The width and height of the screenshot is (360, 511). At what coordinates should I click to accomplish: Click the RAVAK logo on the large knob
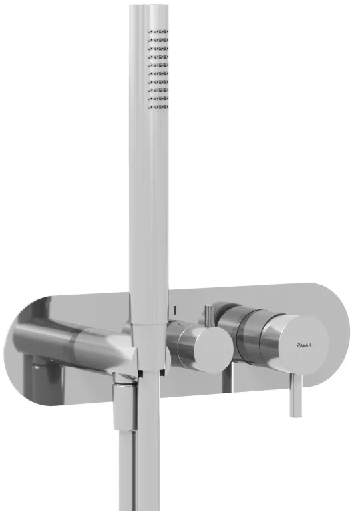pos(303,345)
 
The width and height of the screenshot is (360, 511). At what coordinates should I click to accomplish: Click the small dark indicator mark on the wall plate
pos(176,310)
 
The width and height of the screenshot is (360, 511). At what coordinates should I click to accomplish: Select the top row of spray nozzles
pos(158,32)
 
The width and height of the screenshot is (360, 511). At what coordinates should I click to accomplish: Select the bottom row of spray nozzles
pos(158,106)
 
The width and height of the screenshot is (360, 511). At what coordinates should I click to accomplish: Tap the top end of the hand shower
pos(149,7)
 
